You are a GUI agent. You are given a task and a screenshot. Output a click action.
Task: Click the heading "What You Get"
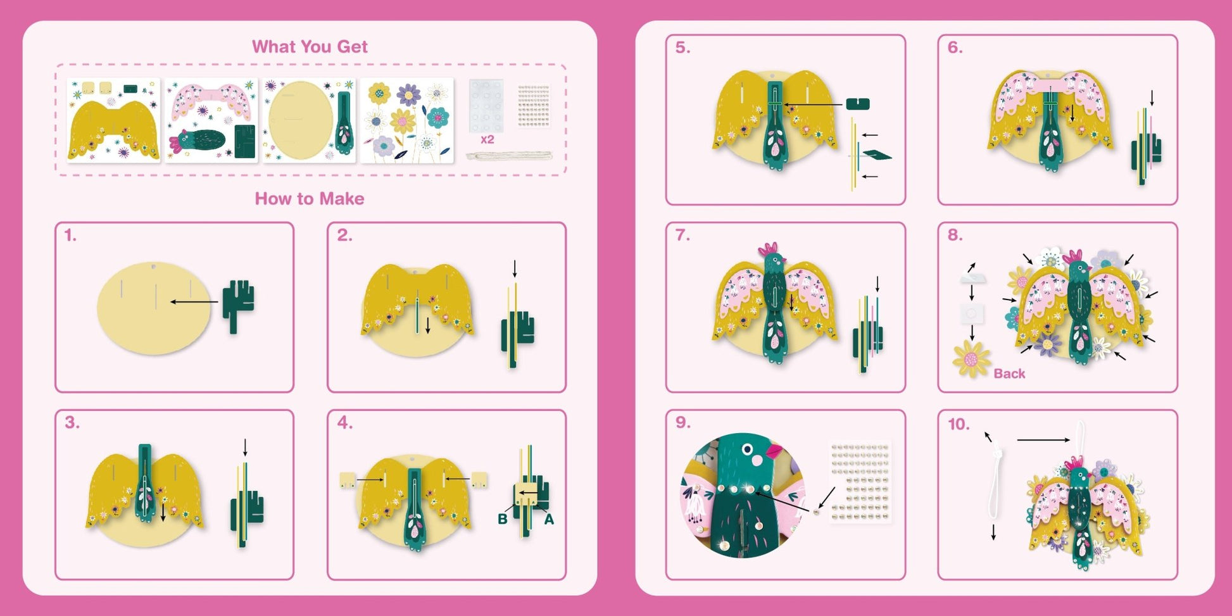click(x=310, y=46)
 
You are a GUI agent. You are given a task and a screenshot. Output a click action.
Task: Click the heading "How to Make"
click(x=310, y=199)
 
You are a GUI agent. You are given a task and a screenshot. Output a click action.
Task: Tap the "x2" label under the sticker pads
click(x=487, y=139)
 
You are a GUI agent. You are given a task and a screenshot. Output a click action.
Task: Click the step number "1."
click(x=70, y=236)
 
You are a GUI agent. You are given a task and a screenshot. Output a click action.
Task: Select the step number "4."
click(x=344, y=423)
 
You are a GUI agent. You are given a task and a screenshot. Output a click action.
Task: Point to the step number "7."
click(x=682, y=236)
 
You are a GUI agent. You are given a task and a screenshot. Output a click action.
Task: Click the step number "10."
click(x=959, y=424)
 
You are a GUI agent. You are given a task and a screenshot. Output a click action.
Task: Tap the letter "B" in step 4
click(x=503, y=519)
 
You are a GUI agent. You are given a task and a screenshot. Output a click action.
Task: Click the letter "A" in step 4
click(x=549, y=519)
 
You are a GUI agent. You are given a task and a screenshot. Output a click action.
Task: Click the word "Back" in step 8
click(x=1009, y=374)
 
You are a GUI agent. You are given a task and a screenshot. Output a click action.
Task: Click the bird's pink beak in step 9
click(x=775, y=451)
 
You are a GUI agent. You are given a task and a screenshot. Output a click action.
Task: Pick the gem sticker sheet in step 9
click(x=860, y=482)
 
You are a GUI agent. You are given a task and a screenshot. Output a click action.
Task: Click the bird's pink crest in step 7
click(x=769, y=249)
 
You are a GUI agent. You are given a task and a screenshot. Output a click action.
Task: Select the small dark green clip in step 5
click(x=858, y=104)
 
